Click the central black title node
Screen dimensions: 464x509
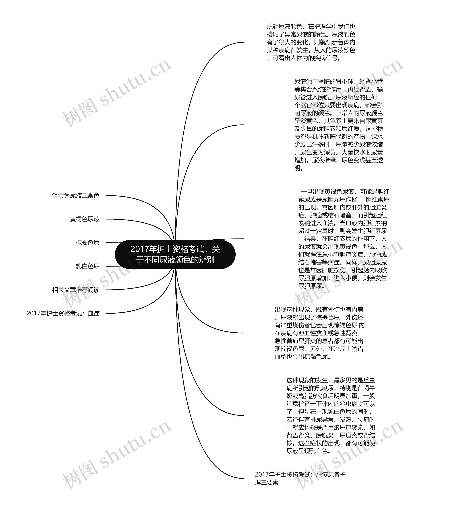(x=175, y=254)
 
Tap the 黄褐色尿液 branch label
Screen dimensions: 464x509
(x=85, y=219)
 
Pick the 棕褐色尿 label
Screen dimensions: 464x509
(x=88, y=243)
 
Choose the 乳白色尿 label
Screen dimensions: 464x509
(x=88, y=266)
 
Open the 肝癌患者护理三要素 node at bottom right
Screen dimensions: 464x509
(x=300, y=478)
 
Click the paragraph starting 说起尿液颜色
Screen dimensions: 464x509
(x=311, y=42)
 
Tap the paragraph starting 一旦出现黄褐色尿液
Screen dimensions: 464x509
(x=343, y=239)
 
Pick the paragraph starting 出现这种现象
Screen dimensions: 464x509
(x=319, y=333)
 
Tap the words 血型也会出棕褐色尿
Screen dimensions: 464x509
(x=303, y=357)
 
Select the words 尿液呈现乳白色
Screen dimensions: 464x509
(x=308, y=451)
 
